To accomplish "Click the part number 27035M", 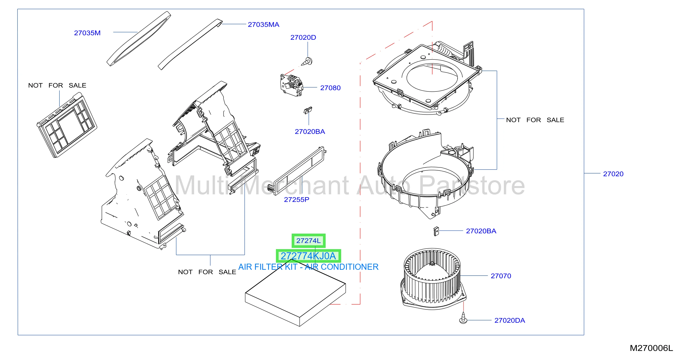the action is tap(87, 33).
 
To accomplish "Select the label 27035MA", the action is tap(263, 25).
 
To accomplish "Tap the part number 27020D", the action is tap(303, 38).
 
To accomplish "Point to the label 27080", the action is tap(330, 88).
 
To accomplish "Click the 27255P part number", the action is tap(297, 200).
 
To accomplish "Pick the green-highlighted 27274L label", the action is tap(308, 241).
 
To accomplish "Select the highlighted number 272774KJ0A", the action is tap(308, 256).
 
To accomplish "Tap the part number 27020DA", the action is tap(509, 320).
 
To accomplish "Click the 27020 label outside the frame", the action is tap(613, 174).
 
